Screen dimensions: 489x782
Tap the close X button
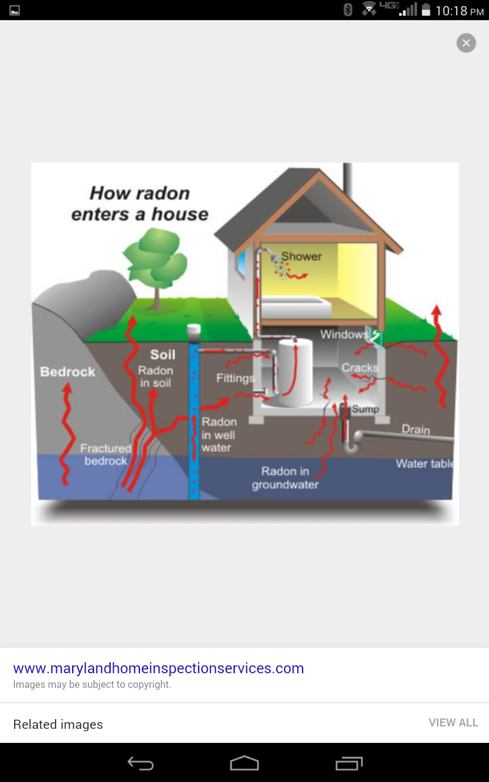tap(466, 43)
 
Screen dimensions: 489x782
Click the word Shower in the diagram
tap(301, 256)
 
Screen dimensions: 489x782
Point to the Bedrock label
tap(68, 372)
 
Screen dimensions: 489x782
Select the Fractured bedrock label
tap(106, 455)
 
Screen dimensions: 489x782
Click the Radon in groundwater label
tap(285, 478)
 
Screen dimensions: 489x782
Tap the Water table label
tap(425, 464)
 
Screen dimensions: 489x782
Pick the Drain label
tap(416, 429)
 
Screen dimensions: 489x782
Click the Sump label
tap(366, 409)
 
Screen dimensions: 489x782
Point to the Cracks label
tap(360, 367)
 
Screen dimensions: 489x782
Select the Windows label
tap(344, 334)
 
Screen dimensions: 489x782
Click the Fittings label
tap(235, 378)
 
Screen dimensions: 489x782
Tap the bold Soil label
tap(163, 355)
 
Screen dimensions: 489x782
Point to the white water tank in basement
tap(295, 373)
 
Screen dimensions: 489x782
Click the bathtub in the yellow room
tap(295, 307)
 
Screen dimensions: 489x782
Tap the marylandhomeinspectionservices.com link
tap(158, 668)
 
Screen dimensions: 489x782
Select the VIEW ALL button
tap(454, 723)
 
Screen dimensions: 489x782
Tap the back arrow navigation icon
tap(141, 763)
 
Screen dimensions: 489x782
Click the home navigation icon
tap(244, 763)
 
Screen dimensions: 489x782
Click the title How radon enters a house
tap(140, 203)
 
